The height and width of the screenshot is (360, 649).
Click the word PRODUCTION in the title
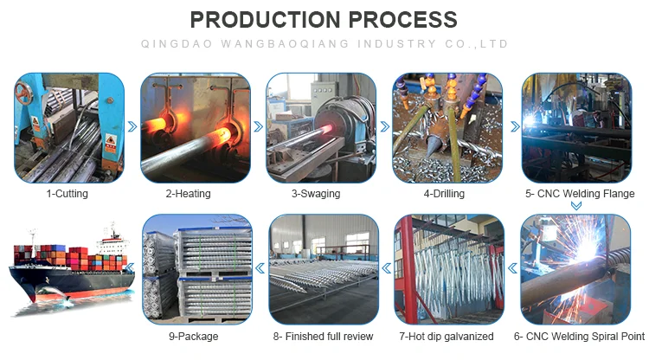coord(265,18)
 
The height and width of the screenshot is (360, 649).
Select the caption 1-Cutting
coord(67,194)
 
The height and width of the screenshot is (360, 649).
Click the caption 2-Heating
coord(188,194)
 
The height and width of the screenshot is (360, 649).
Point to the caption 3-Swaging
coord(316,194)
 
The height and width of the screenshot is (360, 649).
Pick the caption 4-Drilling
coord(444,194)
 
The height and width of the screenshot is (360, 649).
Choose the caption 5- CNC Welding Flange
coord(577,194)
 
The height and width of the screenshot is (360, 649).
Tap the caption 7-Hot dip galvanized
coord(446,336)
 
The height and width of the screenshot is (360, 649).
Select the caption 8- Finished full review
coord(323,336)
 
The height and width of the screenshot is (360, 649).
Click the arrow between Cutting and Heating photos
coord(132,126)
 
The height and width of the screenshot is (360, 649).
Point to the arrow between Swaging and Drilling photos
coord(385,126)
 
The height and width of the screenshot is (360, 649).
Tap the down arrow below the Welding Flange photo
coord(575,206)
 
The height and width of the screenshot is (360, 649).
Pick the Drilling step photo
coord(447,127)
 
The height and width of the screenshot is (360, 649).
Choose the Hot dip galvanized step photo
coord(448,269)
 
